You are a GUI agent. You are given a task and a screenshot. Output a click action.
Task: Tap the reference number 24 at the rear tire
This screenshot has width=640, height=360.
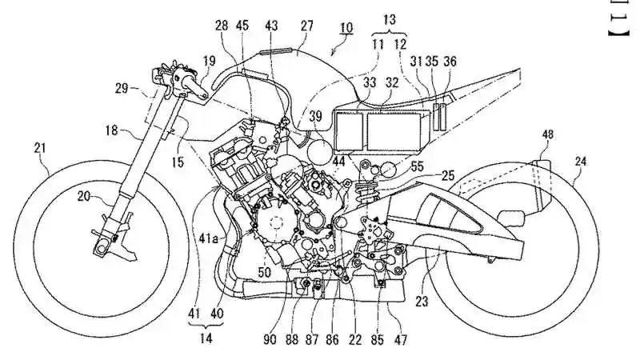580,160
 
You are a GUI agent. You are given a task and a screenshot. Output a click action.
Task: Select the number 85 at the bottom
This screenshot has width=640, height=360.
376,340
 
